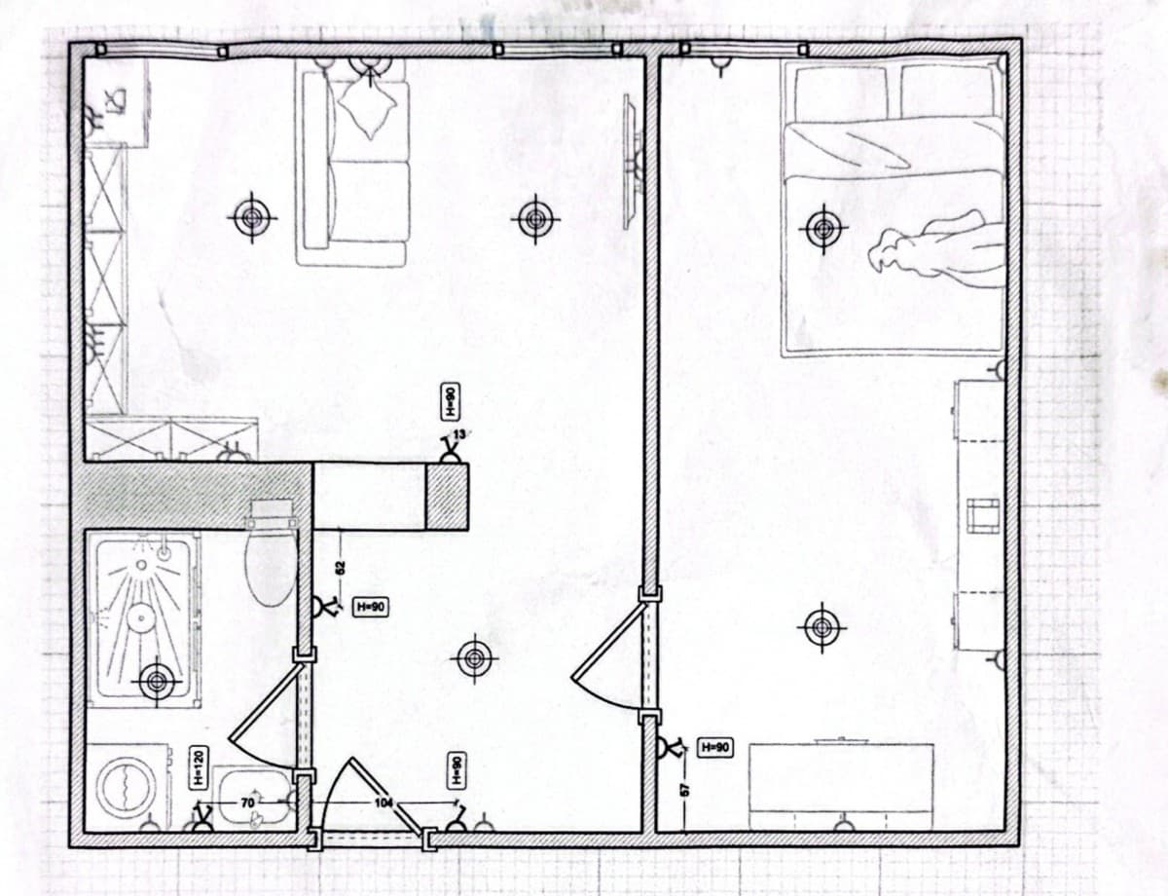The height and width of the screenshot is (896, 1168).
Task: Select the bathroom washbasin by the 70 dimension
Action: pos(251,797)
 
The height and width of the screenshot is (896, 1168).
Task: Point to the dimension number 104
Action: pos(385,802)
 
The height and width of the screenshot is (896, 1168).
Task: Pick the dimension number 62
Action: pos(340,568)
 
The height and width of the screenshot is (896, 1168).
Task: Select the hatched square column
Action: pos(448,497)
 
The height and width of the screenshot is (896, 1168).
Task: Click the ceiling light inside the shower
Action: pos(156,682)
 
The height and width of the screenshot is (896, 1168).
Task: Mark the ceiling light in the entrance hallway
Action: pos(474,659)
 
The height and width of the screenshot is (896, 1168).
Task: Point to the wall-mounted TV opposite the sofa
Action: pos(631,161)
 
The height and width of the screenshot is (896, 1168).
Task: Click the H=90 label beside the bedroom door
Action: pos(715,747)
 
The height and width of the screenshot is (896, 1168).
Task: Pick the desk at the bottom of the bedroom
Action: pos(841,779)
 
